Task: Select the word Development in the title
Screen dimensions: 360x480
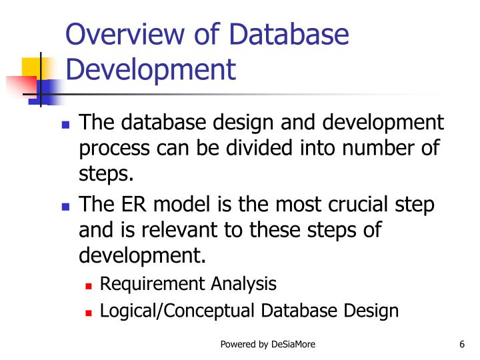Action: pyautogui.click(x=151, y=69)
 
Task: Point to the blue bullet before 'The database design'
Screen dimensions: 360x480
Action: pyautogui.click(x=65, y=125)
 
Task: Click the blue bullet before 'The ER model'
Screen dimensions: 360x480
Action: pyautogui.click(x=65, y=207)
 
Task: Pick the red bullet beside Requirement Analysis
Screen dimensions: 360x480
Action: pyautogui.click(x=89, y=285)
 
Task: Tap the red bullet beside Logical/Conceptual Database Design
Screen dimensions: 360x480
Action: pyautogui.click(x=89, y=312)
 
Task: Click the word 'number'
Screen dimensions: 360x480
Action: pyautogui.click(x=377, y=148)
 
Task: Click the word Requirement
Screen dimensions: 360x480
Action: pyautogui.click(x=153, y=285)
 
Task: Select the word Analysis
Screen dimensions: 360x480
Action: pyautogui.click(x=243, y=285)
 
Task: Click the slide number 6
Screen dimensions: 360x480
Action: pyautogui.click(x=461, y=344)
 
